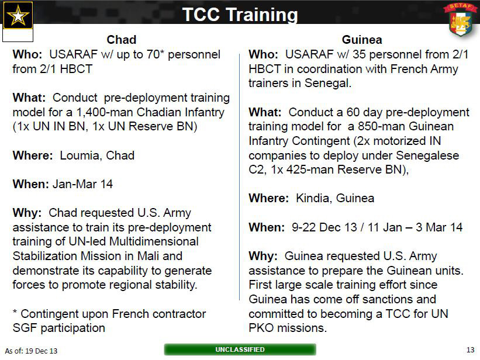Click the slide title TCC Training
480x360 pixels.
pyautogui.click(x=240, y=15)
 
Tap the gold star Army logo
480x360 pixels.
pyautogui.click(x=18, y=15)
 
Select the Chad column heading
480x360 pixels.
pyautogui.click(x=121, y=40)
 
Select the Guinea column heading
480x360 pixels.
pyautogui.click(x=362, y=40)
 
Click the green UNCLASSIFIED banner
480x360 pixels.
pyautogui.click(x=240, y=349)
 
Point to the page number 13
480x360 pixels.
pyautogui.click(x=470, y=349)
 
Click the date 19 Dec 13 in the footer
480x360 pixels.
pyautogui.click(x=42, y=351)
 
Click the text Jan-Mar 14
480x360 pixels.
pyautogui.click(x=82, y=184)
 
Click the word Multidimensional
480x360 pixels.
pyautogui.click(x=154, y=241)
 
